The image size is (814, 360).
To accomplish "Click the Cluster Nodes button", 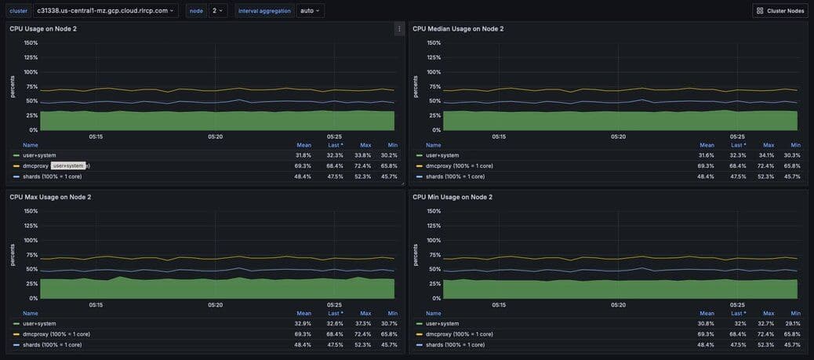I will tap(779, 11).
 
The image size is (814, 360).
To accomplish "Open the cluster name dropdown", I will tap(105, 11).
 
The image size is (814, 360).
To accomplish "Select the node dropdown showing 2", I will tap(219, 11).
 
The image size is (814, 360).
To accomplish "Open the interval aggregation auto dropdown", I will tap(310, 11).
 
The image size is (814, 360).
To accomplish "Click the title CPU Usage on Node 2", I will tap(43, 29).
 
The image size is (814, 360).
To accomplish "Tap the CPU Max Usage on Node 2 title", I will tap(50, 197).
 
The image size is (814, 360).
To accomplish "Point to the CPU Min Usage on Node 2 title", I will tap(452, 197).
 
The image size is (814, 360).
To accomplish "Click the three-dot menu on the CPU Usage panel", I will tap(399, 29).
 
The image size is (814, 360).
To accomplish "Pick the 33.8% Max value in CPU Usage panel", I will tap(365, 155).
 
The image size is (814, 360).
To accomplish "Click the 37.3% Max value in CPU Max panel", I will tap(365, 323).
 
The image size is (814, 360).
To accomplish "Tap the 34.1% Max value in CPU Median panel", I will tap(769, 155).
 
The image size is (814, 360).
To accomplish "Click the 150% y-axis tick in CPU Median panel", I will tap(434, 43).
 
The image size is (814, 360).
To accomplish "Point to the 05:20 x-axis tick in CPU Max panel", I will tap(216, 305).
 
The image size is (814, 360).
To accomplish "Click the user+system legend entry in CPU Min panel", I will tap(442, 323).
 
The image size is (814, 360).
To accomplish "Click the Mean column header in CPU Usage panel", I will tap(303, 145).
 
